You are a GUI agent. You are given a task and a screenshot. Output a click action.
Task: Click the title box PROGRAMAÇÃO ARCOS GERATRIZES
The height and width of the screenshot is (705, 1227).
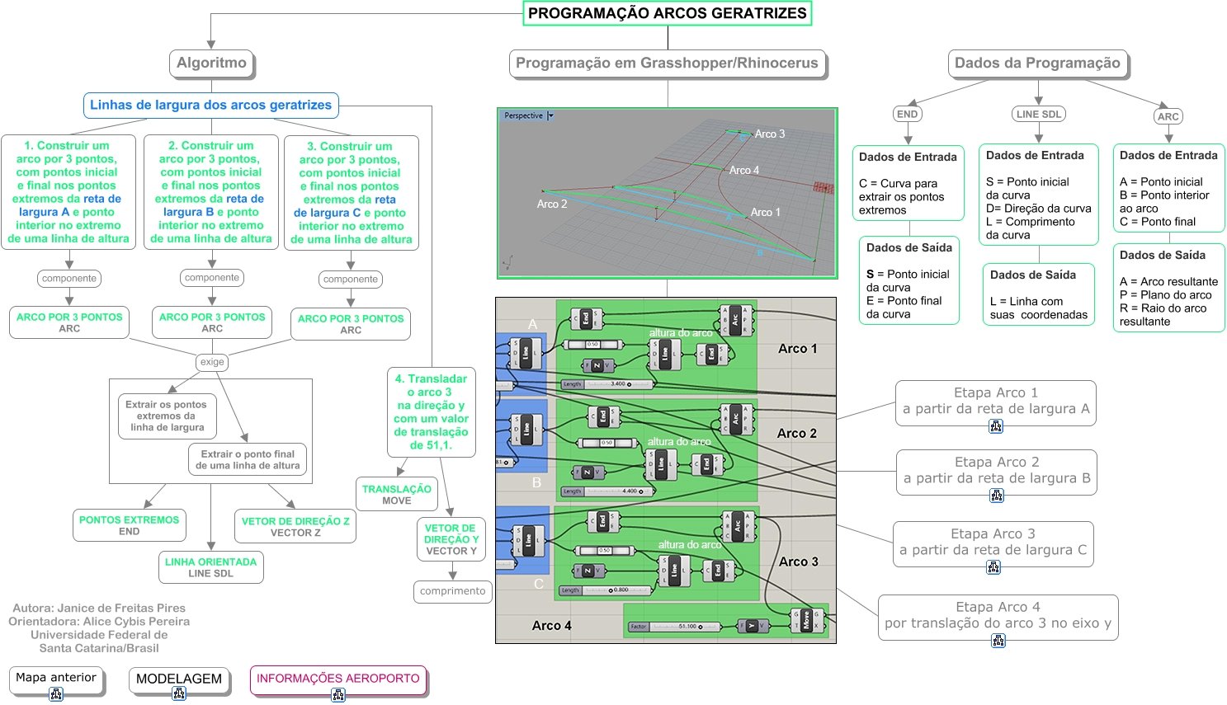coord(667,13)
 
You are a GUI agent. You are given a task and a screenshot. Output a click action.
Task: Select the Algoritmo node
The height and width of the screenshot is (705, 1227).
coord(211,63)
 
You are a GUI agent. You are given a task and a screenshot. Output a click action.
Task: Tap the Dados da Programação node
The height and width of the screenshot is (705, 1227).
coord(1037,63)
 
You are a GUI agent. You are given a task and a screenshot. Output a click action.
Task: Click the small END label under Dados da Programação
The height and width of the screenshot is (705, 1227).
coord(907,114)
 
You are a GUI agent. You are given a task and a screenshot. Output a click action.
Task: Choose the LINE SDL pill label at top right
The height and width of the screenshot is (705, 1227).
coord(1039,114)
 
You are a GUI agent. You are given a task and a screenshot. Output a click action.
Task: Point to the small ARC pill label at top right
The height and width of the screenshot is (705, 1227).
coord(1168,116)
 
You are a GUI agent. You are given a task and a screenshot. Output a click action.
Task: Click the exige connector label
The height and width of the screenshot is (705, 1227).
coord(212,362)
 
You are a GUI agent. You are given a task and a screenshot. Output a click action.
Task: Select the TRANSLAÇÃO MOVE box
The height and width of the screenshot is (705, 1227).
coord(396,495)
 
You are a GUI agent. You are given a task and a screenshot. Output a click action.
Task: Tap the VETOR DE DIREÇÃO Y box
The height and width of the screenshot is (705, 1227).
coord(451,539)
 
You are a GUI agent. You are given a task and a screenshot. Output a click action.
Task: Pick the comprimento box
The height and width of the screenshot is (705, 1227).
coord(452,591)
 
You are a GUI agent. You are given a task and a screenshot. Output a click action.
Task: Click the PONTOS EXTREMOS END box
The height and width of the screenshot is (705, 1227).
coord(129,525)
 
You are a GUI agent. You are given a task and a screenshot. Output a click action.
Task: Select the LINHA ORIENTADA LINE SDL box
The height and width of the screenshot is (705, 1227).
coord(210,567)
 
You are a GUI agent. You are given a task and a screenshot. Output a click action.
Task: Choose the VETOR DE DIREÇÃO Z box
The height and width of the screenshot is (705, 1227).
coord(295,526)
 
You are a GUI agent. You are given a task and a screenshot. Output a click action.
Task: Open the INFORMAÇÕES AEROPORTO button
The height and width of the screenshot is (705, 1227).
coord(337,679)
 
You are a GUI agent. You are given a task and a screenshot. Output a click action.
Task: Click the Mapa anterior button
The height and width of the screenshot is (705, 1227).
coord(56,678)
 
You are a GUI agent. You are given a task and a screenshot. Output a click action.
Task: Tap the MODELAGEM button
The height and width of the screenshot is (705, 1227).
coord(178,679)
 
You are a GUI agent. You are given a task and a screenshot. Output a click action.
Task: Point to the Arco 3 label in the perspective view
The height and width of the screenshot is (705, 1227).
coord(770,134)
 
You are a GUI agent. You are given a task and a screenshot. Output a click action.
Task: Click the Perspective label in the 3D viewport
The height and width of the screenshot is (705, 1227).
coord(523,115)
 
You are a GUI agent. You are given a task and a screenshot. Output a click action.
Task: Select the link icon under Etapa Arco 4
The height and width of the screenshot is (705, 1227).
coord(998,641)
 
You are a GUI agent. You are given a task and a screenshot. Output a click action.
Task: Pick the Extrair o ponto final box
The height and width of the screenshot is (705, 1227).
coord(248,459)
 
